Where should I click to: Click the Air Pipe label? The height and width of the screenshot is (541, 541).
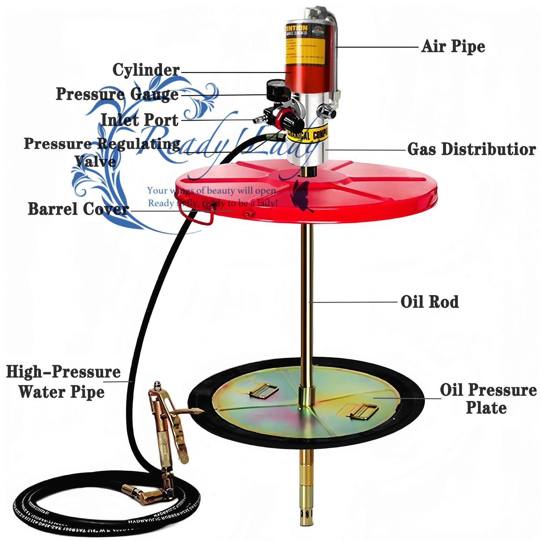point(453,46)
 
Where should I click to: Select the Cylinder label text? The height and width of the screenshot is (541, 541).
point(146,70)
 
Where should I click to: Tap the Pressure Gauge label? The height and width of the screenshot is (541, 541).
point(117,94)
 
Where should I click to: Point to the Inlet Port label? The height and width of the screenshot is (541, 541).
point(139,120)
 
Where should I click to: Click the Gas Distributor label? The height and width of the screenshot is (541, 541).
point(471,149)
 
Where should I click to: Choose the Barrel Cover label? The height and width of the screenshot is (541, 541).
point(78,209)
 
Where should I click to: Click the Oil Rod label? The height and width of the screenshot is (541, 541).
point(429,302)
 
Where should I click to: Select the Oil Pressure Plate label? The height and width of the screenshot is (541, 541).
point(488,398)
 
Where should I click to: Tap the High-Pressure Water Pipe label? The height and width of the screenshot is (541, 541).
point(63,382)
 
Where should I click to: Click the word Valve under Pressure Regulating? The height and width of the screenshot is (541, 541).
point(96,161)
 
